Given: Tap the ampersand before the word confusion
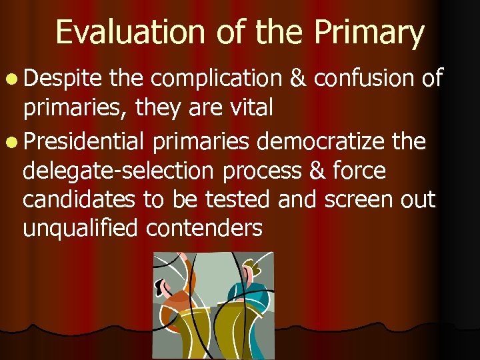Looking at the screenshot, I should (297, 79).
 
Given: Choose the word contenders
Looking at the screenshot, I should (205, 229).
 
